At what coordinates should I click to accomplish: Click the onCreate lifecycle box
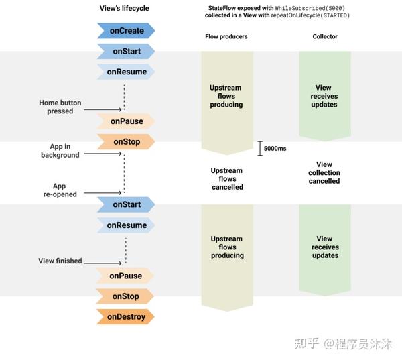tap(126, 30)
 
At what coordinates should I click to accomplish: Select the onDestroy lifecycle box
tap(126, 316)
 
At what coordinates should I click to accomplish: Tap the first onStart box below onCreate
tap(126, 51)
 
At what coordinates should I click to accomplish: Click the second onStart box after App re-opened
tap(126, 204)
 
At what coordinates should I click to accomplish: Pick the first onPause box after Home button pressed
tap(126, 121)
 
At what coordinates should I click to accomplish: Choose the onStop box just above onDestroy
tap(126, 296)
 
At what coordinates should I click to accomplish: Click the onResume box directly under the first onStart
tap(126, 71)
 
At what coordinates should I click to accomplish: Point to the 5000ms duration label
tap(274, 148)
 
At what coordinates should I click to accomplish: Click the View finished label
tap(60, 261)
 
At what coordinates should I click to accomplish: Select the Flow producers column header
tap(226, 36)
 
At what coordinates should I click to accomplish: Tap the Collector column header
tap(324, 36)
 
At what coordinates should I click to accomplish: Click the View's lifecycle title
tap(125, 8)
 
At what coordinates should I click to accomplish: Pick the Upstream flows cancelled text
tap(226, 179)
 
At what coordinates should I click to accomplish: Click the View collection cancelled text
tap(324, 172)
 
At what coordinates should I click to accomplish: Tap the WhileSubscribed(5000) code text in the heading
tap(310, 7)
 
